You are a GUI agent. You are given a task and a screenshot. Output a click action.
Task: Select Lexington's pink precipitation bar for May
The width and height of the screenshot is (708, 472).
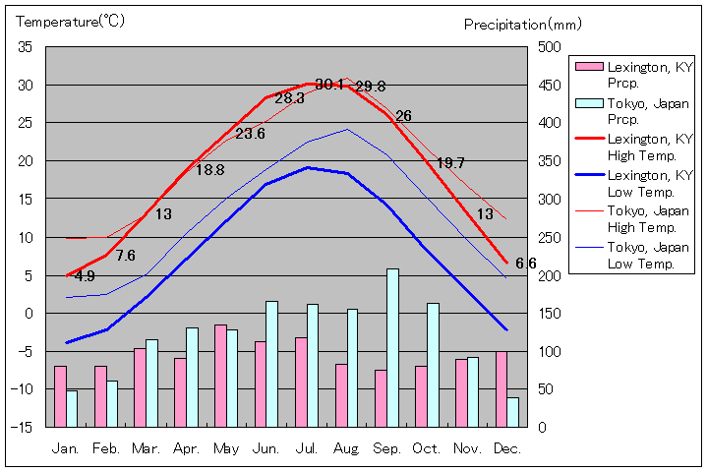[x=220, y=376]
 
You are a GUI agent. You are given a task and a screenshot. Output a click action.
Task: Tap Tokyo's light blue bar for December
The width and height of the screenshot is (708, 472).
[x=512, y=412]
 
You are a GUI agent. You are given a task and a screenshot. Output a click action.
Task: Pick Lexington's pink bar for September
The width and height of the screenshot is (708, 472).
[x=381, y=398]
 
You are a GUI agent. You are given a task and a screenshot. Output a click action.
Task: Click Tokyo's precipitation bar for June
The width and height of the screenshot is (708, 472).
[x=271, y=364]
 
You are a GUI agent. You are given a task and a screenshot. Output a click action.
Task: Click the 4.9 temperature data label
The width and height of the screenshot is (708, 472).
[x=85, y=276]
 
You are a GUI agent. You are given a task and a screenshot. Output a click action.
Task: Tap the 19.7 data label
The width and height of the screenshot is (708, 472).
[x=450, y=163]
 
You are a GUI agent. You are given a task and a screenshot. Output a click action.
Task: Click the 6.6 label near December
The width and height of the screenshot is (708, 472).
[x=526, y=264]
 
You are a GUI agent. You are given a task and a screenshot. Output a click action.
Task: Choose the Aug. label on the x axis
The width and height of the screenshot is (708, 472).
[x=346, y=448]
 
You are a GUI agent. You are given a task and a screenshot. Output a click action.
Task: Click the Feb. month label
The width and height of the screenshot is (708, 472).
[x=105, y=448]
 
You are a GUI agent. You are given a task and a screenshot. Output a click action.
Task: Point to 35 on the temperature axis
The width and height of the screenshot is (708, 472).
[x=25, y=47]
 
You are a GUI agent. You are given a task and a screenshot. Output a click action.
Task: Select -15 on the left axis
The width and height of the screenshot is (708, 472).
[x=22, y=427]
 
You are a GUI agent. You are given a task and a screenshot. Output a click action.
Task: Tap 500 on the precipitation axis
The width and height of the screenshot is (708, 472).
[x=548, y=47]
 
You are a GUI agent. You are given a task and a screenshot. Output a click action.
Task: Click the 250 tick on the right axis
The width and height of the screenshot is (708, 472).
[x=548, y=237]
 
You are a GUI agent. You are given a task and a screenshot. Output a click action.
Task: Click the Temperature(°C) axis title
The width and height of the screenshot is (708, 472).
[x=70, y=22]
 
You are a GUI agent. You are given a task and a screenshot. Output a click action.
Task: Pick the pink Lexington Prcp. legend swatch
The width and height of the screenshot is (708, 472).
[x=588, y=67]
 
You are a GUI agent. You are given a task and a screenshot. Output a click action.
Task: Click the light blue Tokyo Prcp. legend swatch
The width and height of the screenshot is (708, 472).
[x=588, y=103]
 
